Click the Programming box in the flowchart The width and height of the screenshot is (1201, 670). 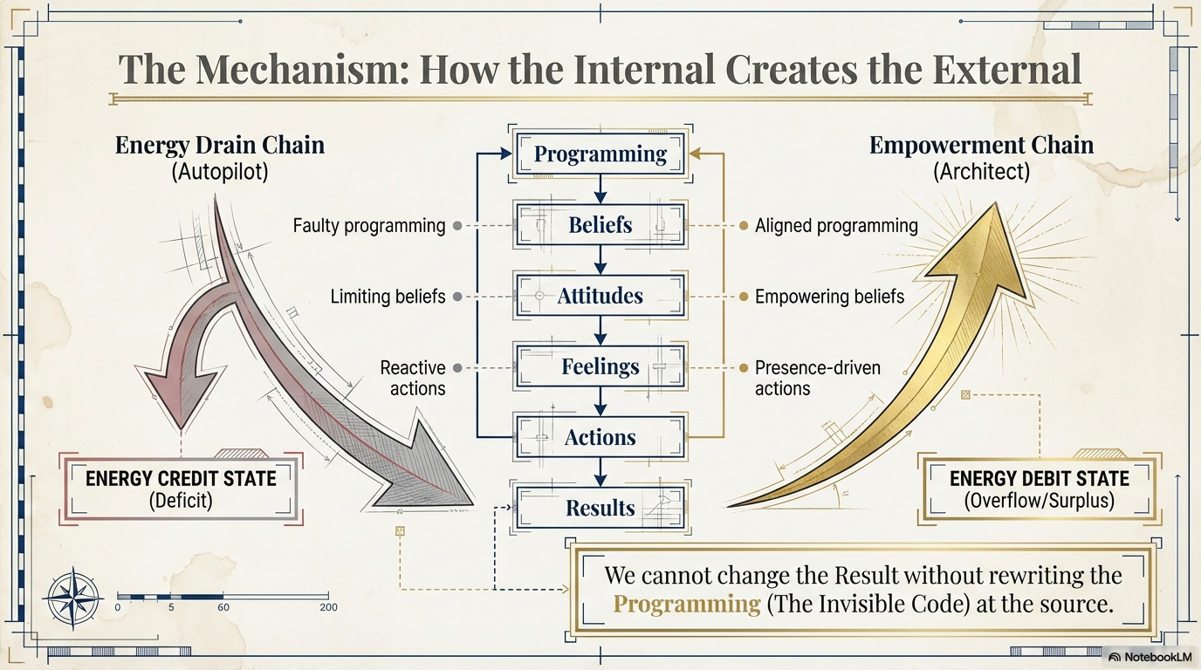[x=600, y=154]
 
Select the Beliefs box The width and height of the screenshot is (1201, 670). [x=600, y=225]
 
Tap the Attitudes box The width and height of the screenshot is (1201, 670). [x=600, y=296]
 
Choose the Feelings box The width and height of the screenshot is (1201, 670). [x=600, y=367]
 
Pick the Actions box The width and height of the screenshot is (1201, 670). [x=600, y=437]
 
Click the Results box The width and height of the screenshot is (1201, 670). [x=600, y=508]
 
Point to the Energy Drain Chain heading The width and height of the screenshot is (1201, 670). [x=220, y=145]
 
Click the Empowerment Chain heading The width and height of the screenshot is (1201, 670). [x=981, y=145]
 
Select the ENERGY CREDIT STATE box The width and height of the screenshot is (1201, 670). [x=181, y=489]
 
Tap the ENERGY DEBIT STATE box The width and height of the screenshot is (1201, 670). [x=1039, y=489]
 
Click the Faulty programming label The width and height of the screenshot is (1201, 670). [x=369, y=226]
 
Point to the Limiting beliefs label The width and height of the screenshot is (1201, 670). [x=388, y=297]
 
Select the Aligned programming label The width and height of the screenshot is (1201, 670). [x=836, y=226]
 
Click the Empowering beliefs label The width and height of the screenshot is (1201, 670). [x=829, y=297]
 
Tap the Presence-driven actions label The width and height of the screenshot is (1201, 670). [x=817, y=378]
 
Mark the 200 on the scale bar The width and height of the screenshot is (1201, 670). [x=328, y=607]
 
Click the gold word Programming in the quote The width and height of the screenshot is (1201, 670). [x=687, y=604]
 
